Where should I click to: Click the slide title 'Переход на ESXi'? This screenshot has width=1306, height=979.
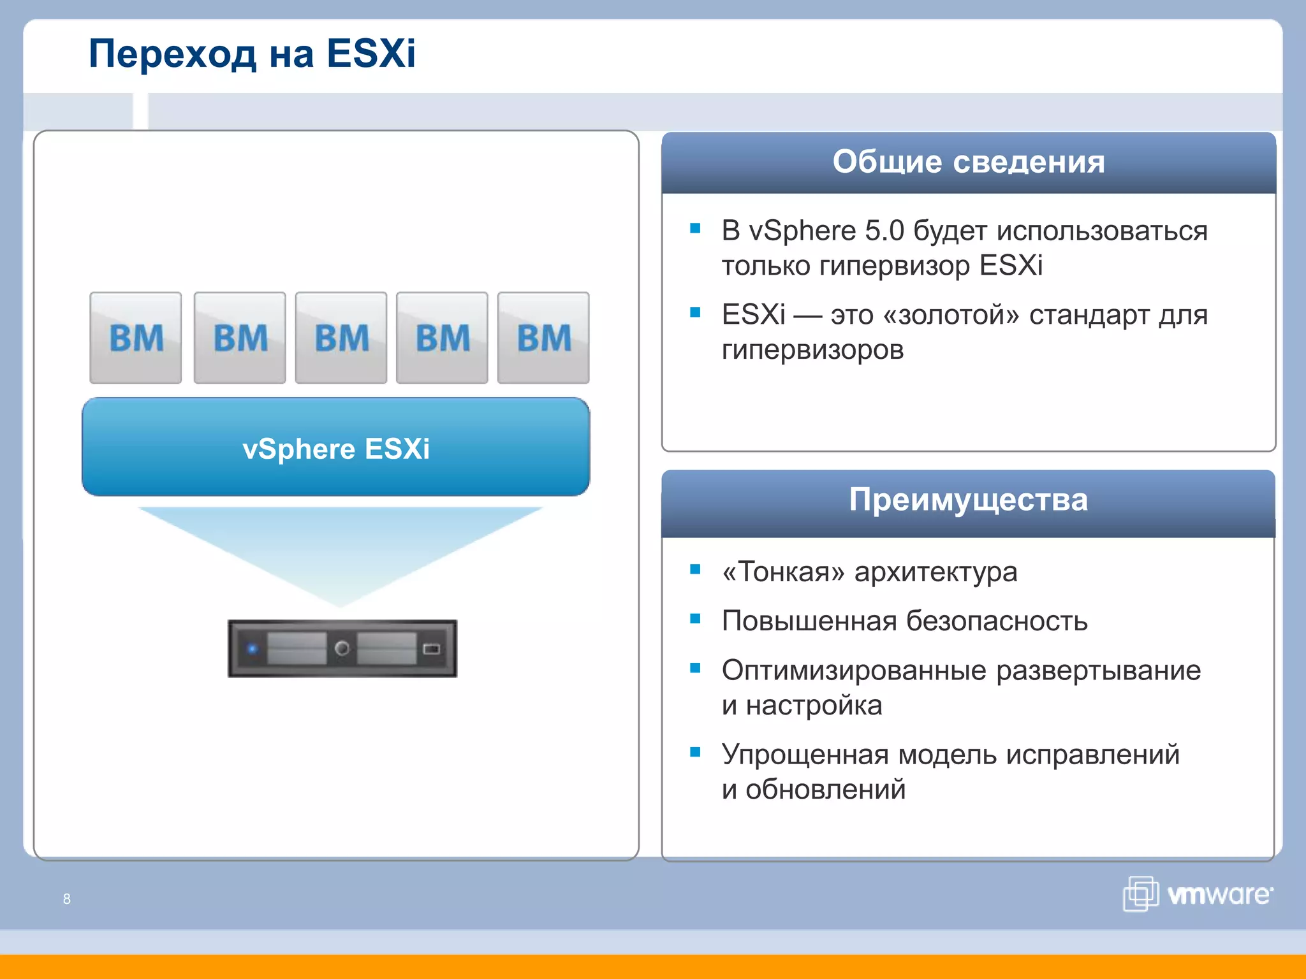(252, 53)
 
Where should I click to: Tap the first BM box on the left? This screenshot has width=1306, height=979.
(135, 338)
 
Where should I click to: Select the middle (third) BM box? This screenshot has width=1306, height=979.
(341, 338)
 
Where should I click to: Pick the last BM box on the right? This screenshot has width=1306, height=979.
(543, 338)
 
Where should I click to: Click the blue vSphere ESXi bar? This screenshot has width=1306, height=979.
(336, 448)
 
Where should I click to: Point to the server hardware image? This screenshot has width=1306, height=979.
(342, 648)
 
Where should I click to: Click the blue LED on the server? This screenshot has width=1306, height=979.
(253, 649)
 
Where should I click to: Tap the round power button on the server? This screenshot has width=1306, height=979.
(342, 648)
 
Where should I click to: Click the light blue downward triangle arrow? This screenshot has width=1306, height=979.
(340, 548)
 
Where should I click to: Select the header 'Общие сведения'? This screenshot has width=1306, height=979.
(968, 162)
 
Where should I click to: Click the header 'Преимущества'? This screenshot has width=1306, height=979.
(968, 500)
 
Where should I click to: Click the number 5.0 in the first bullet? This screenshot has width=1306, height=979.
(884, 231)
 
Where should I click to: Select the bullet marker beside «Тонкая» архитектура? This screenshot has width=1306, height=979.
(695, 569)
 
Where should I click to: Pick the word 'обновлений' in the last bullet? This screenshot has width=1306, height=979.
(825, 790)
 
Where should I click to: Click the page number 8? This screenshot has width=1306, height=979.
(67, 899)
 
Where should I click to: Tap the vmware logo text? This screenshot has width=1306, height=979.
(1219, 895)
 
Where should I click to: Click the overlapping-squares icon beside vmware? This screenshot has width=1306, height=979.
(1140, 894)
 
